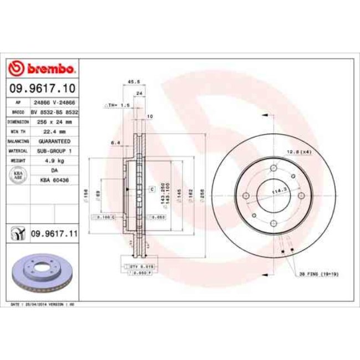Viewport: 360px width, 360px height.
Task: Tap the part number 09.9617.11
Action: click(54, 234)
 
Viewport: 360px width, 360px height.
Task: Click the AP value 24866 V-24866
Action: click(54, 103)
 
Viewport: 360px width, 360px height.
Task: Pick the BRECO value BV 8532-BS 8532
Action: click(54, 112)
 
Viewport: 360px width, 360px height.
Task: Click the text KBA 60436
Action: click(54, 179)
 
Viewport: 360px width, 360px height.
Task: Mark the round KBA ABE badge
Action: click(17, 175)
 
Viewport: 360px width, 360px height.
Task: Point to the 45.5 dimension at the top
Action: click(133, 82)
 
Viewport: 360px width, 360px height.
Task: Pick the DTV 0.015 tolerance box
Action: click(141, 267)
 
